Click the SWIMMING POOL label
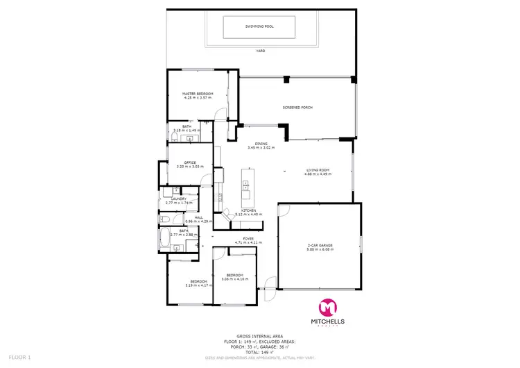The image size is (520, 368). pyautogui.click(x=259, y=27)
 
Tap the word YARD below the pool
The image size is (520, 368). pyautogui.click(x=260, y=51)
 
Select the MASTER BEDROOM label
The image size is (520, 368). pyautogui.click(x=198, y=94)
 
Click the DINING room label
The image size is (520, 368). pyautogui.click(x=261, y=144)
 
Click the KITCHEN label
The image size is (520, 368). pyautogui.click(x=248, y=210)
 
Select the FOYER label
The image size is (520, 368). pyautogui.click(x=248, y=239)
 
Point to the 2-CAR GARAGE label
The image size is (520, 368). pyautogui.click(x=320, y=245)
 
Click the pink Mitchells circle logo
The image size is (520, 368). pyautogui.click(x=327, y=308)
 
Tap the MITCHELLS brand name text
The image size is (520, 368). pyautogui.click(x=327, y=322)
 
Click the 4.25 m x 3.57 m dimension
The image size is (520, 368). pyautogui.click(x=198, y=98)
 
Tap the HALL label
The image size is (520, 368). pyautogui.click(x=198, y=217)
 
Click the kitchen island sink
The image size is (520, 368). pyautogui.click(x=245, y=185)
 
